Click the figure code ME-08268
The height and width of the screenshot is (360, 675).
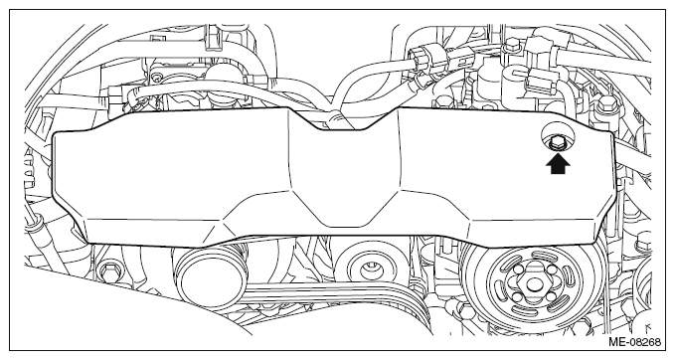click(x=634, y=342)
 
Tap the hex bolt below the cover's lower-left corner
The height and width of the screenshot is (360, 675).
click(x=108, y=270)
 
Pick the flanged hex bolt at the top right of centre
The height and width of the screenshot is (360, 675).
click(x=512, y=44)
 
